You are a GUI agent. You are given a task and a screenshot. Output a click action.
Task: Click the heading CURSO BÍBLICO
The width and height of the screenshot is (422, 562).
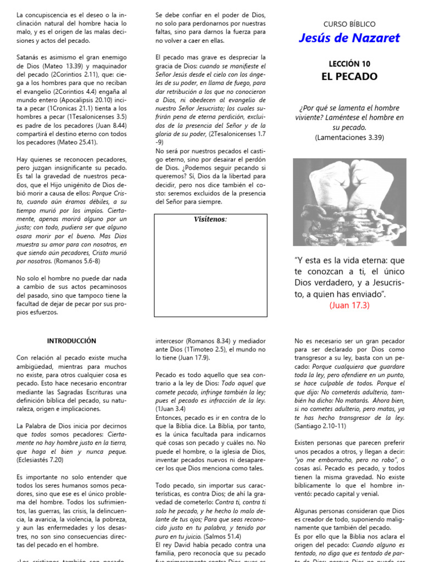tap(349, 24)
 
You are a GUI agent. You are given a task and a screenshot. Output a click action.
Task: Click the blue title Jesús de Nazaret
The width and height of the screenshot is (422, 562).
tap(349, 38)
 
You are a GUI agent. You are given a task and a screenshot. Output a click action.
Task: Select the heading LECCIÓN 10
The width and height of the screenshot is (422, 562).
tap(349, 64)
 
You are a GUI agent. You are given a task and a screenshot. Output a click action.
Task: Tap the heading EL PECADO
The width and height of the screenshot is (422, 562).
tap(349, 77)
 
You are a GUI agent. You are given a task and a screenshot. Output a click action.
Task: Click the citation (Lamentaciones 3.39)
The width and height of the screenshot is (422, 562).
tap(349, 137)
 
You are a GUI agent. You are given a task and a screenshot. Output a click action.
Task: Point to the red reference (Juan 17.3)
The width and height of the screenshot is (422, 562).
tap(349, 305)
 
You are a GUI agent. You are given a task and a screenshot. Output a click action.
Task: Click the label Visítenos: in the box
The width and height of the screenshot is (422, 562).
tap(210, 220)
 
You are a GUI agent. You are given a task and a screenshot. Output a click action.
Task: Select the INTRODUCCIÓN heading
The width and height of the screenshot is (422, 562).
tap(71, 341)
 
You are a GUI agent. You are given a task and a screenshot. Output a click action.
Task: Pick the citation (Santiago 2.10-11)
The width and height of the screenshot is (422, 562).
tap(320, 425)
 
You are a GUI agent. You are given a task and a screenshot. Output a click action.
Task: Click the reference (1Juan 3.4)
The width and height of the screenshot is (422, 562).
tap(170, 409)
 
